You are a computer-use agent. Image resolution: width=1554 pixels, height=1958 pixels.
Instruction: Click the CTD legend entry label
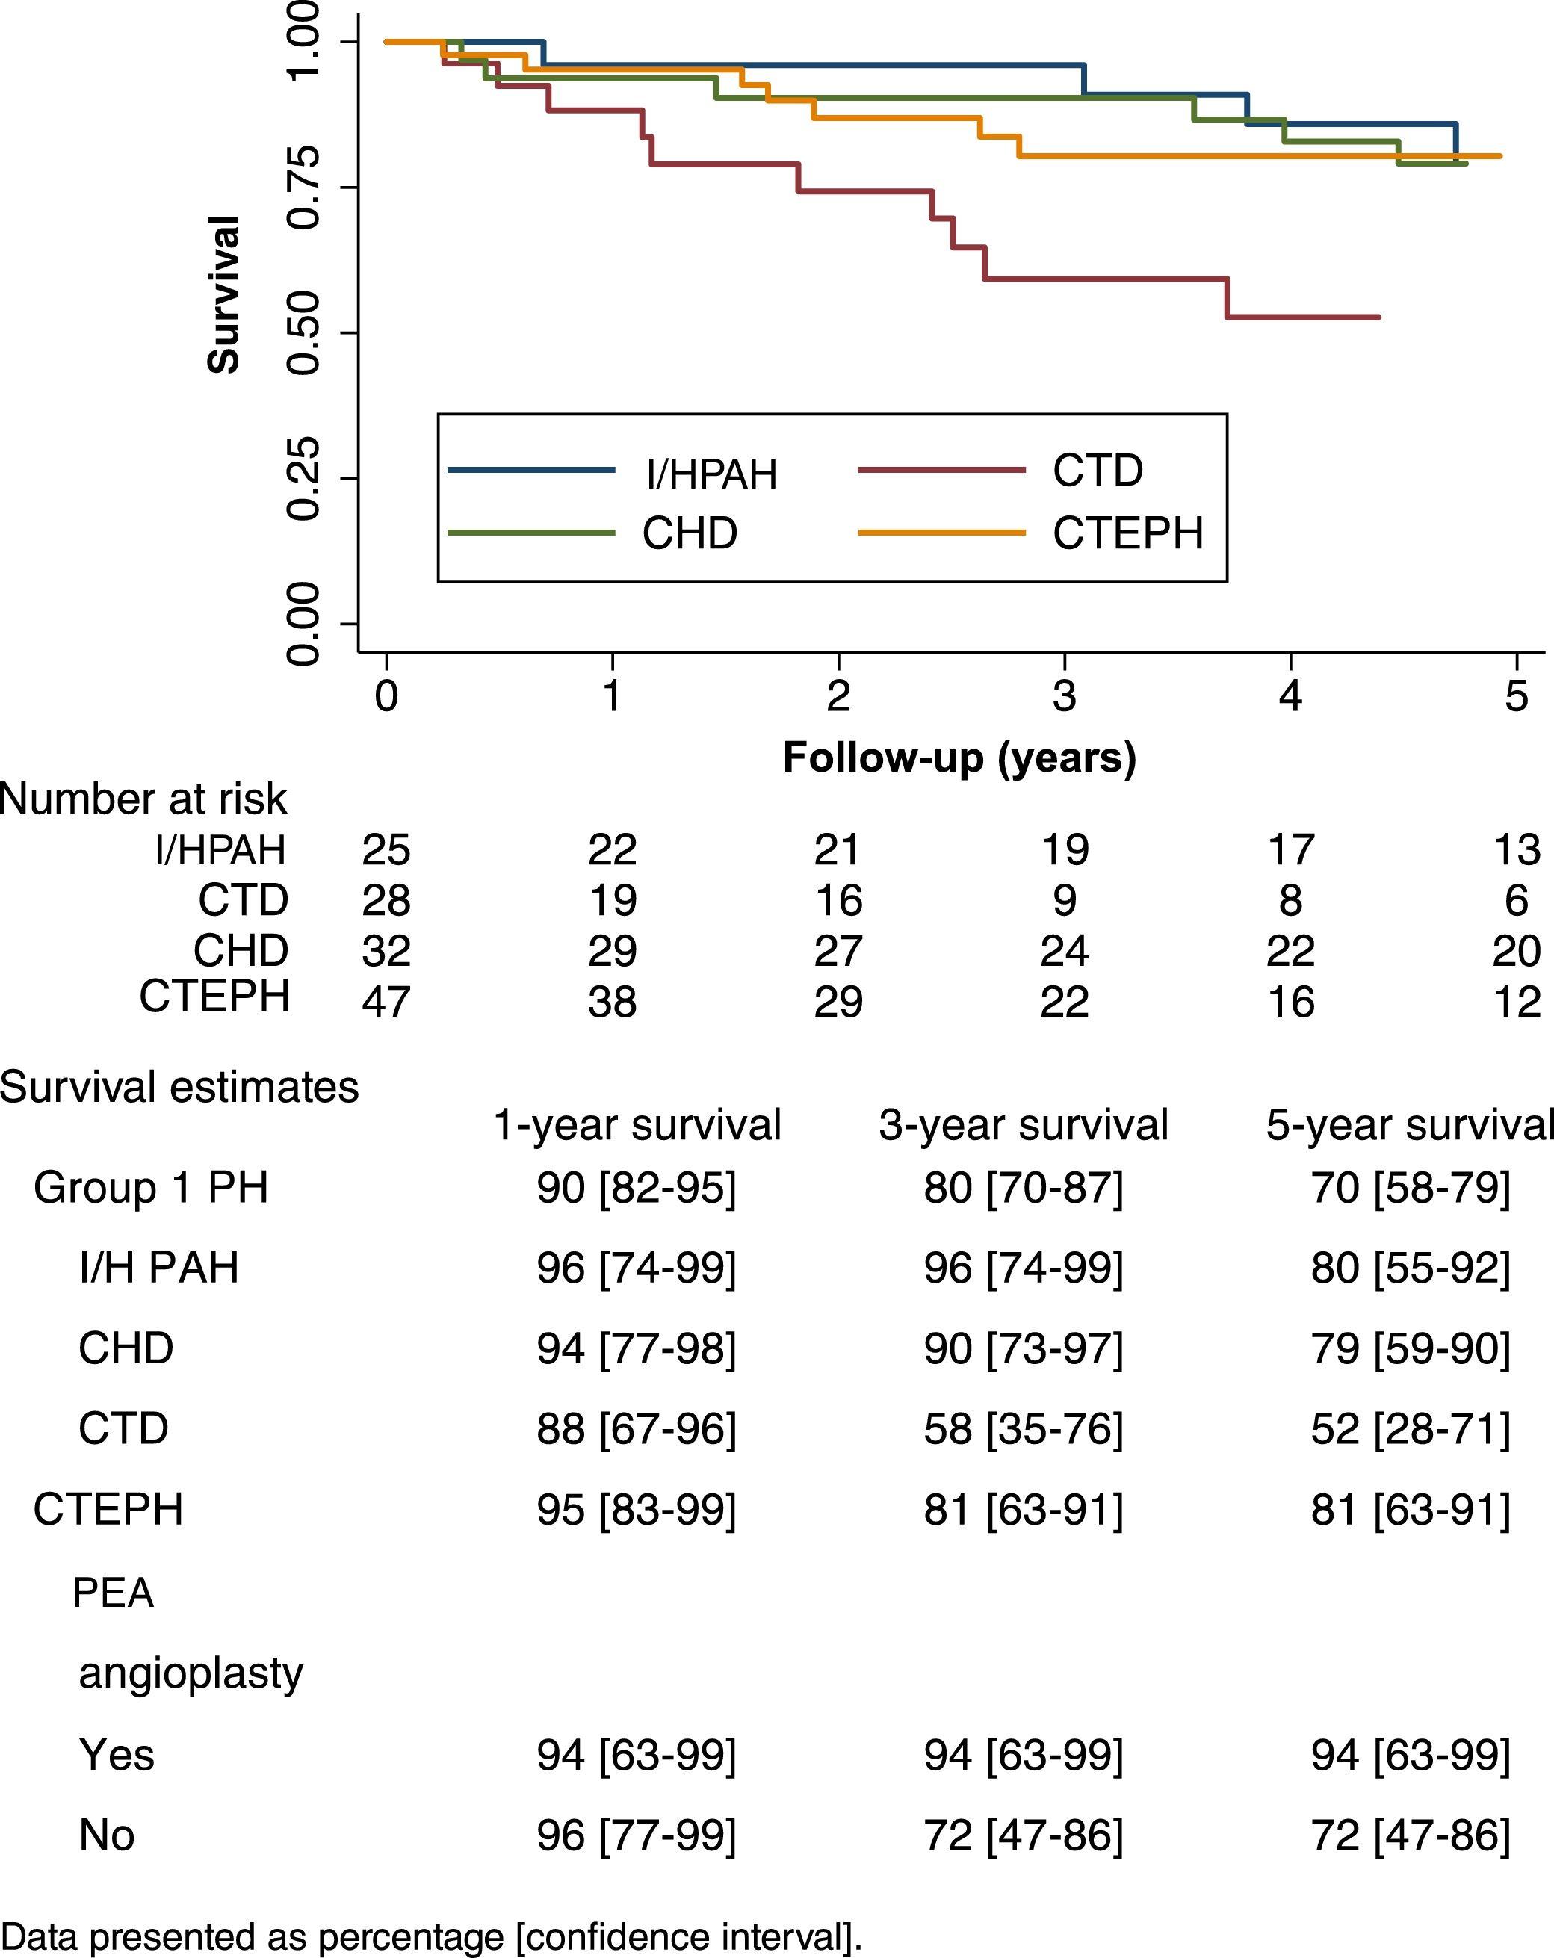pos(1098,471)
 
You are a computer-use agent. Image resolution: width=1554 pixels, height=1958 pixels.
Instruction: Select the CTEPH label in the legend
pos(1127,533)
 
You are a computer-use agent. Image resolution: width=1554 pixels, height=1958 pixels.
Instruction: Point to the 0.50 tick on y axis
pos(303,333)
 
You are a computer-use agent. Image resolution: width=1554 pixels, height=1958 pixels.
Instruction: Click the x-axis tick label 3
pos(1064,696)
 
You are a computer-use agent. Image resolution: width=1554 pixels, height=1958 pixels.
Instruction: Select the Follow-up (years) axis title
pos(959,758)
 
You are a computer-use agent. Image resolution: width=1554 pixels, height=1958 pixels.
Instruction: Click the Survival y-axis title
pos(223,295)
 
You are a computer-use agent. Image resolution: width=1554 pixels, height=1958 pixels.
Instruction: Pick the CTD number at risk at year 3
pos(1064,901)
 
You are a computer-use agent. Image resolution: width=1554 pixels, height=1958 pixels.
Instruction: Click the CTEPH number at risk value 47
pos(386,1002)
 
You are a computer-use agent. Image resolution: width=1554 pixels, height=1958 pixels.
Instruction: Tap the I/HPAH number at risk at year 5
pos(1515,850)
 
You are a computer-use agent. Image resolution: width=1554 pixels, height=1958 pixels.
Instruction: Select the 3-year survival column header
pos(1023,1125)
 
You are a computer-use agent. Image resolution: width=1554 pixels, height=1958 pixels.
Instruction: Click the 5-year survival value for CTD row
pos(1410,1428)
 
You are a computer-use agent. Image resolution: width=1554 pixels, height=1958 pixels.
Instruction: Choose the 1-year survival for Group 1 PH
pos(636,1188)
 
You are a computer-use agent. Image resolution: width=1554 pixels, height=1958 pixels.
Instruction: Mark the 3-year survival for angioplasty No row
pos(1023,1835)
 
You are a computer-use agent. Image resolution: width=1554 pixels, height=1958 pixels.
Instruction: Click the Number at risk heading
pos(143,799)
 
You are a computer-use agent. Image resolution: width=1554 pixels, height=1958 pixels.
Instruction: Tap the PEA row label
pos(113,1593)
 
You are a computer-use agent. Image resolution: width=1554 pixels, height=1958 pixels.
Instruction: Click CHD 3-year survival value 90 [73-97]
pos(1023,1348)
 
